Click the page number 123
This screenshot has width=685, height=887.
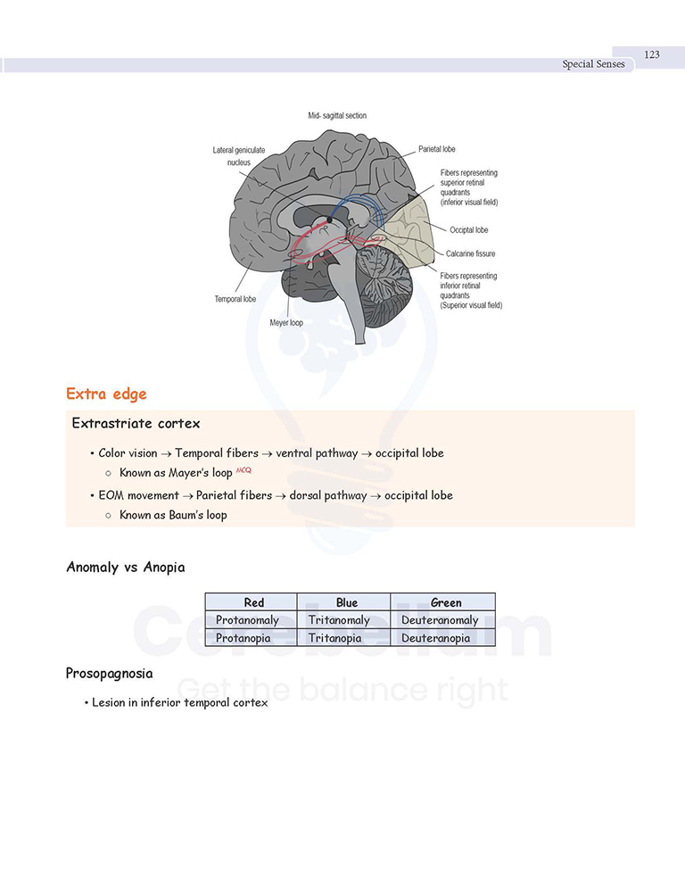(x=652, y=54)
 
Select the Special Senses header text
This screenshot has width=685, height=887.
(x=593, y=64)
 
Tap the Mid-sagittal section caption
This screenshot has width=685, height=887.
(x=337, y=115)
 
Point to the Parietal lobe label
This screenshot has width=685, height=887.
(x=437, y=149)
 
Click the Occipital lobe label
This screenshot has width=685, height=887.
(x=469, y=230)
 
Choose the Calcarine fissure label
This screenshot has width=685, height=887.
(x=471, y=254)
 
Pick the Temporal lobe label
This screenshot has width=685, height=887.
(x=235, y=299)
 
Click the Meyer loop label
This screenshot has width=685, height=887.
(x=286, y=323)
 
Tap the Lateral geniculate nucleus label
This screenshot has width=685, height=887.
(x=239, y=156)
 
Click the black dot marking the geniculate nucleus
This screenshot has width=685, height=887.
(x=329, y=220)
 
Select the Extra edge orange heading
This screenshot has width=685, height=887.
(x=106, y=394)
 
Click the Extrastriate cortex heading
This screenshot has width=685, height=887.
(x=136, y=424)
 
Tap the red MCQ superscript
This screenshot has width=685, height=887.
(x=243, y=470)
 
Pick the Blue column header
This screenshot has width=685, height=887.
(x=347, y=602)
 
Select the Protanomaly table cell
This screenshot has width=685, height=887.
(x=247, y=620)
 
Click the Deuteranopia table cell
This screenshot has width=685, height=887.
(x=435, y=638)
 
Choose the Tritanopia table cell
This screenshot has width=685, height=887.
(x=334, y=638)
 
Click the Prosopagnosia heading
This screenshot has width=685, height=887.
(x=109, y=674)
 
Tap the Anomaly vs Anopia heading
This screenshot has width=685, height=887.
(x=126, y=568)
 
